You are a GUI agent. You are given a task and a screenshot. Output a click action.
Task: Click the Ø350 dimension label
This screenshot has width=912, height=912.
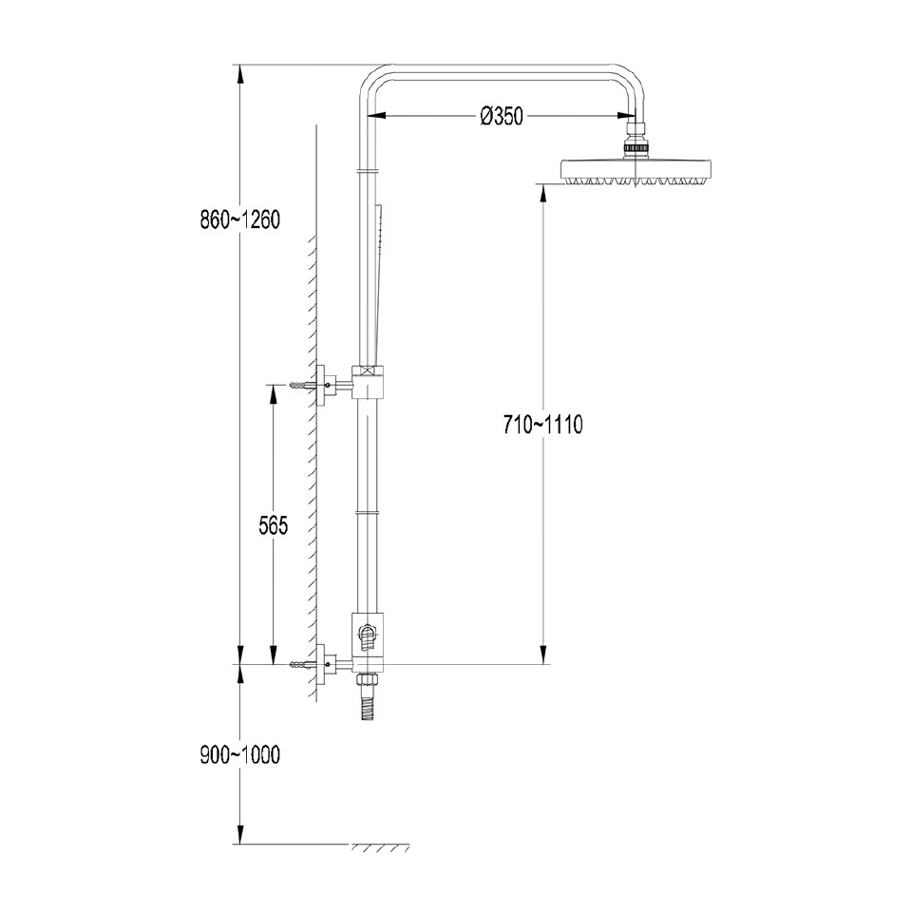[502, 117]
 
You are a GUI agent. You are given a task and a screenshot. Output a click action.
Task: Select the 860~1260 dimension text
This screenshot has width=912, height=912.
[239, 220]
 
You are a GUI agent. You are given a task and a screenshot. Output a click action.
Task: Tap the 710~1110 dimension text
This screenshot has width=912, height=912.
[542, 425]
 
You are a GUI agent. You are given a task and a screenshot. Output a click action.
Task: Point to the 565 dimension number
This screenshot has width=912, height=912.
[274, 524]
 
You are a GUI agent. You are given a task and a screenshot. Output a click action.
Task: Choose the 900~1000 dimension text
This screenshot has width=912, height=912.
[239, 755]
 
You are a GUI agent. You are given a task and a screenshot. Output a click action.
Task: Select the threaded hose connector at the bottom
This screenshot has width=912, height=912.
[367, 700]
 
